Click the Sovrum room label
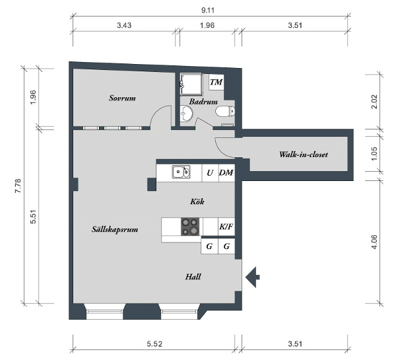click(122, 98)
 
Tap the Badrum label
click(203, 102)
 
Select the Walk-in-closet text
click(304, 155)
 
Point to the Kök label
click(197, 201)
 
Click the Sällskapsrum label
click(115, 229)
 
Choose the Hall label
click(193, 277)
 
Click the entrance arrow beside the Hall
click(253, 277)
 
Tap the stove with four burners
click(190, 227)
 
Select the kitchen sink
click(181, 172)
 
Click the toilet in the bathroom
click(225, 111)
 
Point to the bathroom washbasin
click(186, 114)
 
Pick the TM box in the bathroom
click(216, 82)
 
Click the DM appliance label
click(226, 173)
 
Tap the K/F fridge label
click(226, 227)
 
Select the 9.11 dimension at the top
click(208, 11)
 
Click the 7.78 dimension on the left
click(18, 186)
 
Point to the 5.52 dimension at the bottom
click(154, 344)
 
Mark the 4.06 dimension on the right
click(374, 242)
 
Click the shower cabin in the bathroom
click(191, 85)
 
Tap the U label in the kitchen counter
click(210, 173)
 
